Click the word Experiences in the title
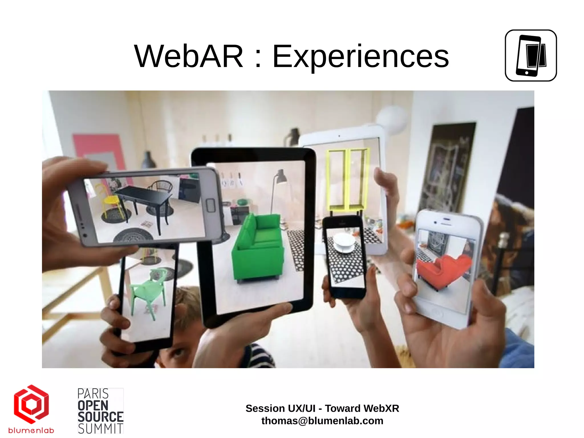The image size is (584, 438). (360, 57)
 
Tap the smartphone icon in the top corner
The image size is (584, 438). (530, 55)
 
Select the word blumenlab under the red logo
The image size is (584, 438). (31, 430)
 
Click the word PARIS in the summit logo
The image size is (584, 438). (93, 394)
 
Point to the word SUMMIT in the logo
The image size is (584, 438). (100, 429)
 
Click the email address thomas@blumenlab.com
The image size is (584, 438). (322, 421)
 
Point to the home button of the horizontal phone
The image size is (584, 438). (210, 205)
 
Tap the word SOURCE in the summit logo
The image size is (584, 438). (100, 417)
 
